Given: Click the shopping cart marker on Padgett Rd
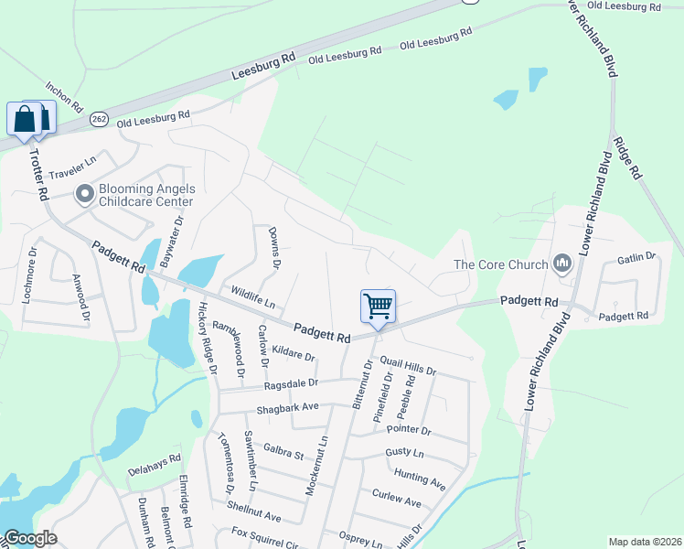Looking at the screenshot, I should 378,307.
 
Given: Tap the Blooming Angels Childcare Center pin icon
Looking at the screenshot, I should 85,194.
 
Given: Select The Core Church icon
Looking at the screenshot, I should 561,265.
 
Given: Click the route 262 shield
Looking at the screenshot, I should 100,119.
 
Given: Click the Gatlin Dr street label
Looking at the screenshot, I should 637,258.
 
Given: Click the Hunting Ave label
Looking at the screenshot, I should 419,478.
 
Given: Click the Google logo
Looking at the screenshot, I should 30,539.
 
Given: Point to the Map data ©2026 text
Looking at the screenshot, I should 645,541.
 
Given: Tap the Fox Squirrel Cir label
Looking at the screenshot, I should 266,537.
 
